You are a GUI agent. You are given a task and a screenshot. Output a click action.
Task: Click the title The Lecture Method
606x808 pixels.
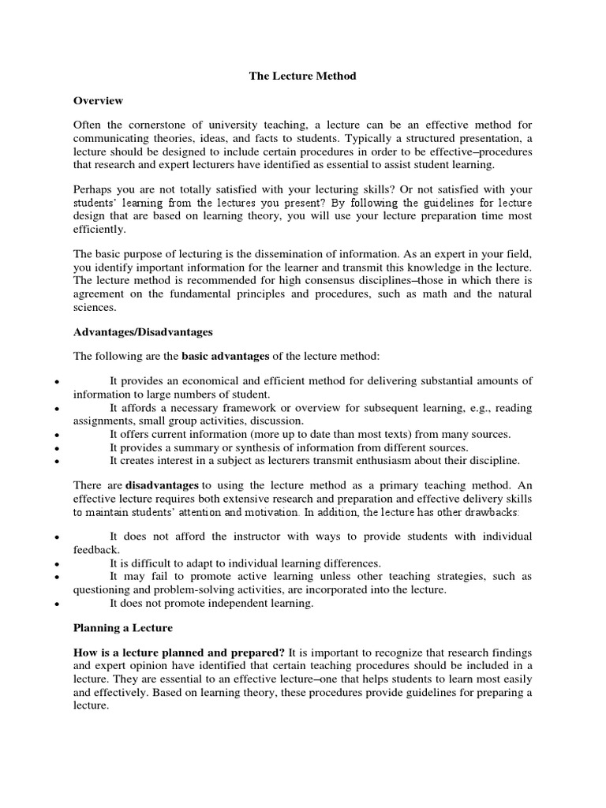pos(303,77)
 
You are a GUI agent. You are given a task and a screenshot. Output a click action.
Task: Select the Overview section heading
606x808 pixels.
pos(98,101)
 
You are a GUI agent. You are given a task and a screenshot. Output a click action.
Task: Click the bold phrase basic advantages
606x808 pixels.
pos(226,357)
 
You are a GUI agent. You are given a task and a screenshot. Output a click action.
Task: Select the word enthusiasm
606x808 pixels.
pos(405,460)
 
